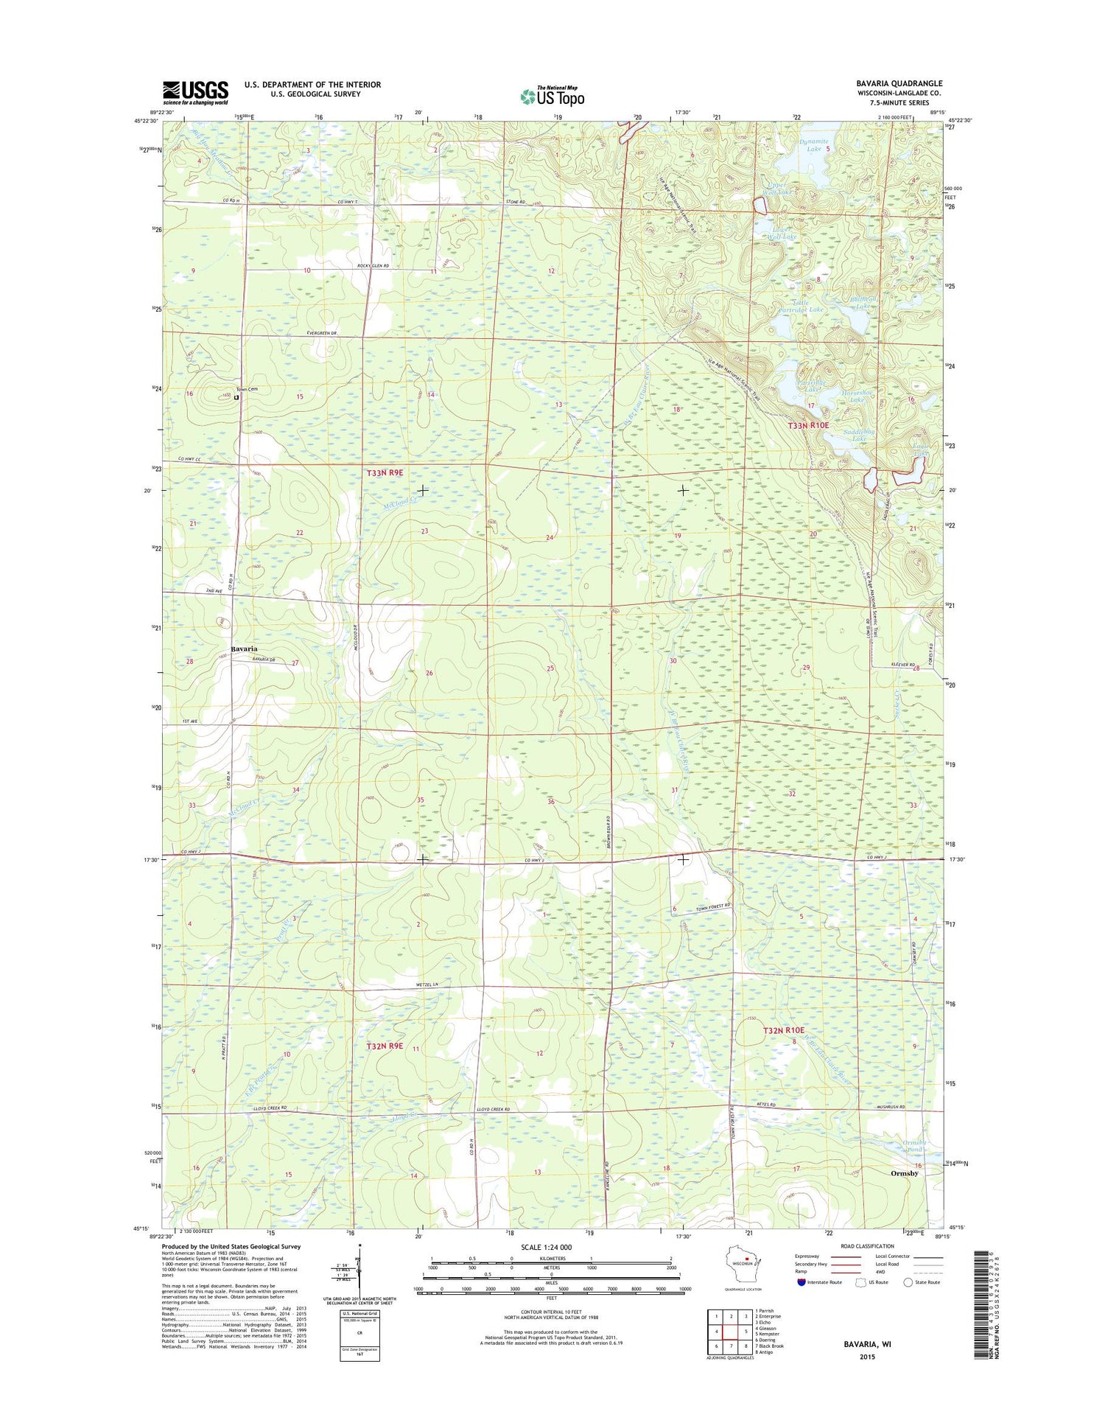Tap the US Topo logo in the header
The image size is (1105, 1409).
(x=552, y=96)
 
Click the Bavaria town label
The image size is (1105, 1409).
(x=244, y=648)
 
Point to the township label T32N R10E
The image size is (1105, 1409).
(x=784, y=1030)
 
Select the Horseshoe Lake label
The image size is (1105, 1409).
(x=857, y=396)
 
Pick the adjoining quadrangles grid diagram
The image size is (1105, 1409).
(x=729, y=1334)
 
